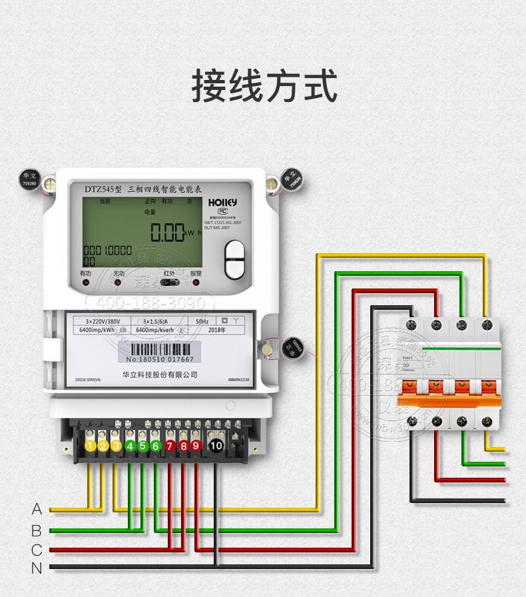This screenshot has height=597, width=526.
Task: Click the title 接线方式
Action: coord(264,86)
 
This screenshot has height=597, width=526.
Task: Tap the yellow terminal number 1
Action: coord(90,446)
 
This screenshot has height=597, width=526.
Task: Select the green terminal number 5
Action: coord(142,446)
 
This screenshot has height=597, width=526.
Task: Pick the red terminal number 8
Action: coord(183,446)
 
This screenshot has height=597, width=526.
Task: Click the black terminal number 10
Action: coord(216,446)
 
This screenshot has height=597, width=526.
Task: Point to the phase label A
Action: coord(37,510)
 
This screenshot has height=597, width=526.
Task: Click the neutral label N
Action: coord(37,568)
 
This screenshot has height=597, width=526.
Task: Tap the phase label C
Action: coord(37,550)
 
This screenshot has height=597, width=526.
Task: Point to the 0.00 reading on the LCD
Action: coord(166,233)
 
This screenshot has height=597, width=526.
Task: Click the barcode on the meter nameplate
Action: coord(159,347)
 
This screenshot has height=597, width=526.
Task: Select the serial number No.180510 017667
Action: coord(159,359)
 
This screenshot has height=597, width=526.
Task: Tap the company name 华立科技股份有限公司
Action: coord(160,374)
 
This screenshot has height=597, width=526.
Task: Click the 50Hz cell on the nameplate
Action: coord(202,320)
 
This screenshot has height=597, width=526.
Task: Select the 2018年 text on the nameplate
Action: coord(218,329)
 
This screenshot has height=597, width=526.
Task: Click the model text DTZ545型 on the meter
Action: coord(103,189)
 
